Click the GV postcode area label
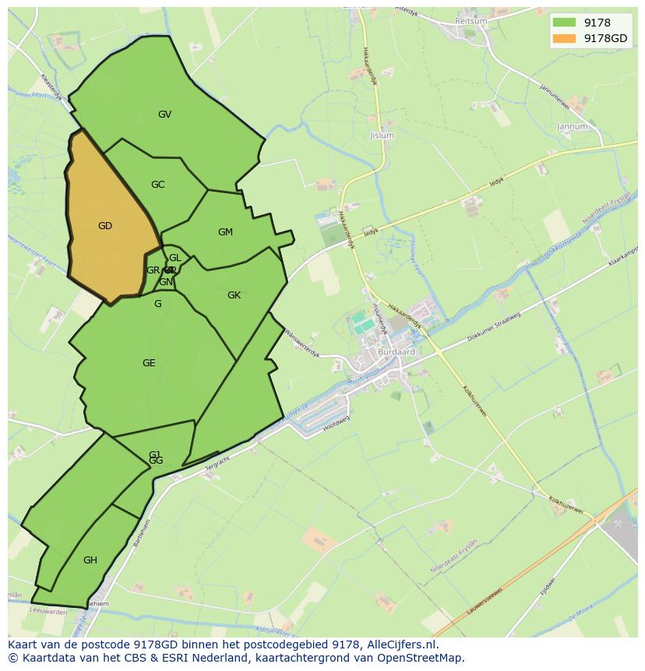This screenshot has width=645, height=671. click(x=164, y=115)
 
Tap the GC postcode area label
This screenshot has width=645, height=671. click(x=157, y=185)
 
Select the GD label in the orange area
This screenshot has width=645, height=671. click(x=105, y=226)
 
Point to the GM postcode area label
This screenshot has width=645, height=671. click(x=225, y=232)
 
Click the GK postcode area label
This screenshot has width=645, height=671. click(x=234, y=295)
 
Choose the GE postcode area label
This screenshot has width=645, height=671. click(x=149, y=363)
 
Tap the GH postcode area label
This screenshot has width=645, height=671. click(x=90, y=560)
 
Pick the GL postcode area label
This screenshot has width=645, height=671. click(x=174, y=258)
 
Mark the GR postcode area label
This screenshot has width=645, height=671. click(x=153, y=270)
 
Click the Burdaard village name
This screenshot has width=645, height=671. click(x=397, y=351)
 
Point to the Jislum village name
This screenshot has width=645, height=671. click(x=382, y=136)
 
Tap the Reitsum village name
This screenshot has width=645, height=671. click(x=471, y=21)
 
